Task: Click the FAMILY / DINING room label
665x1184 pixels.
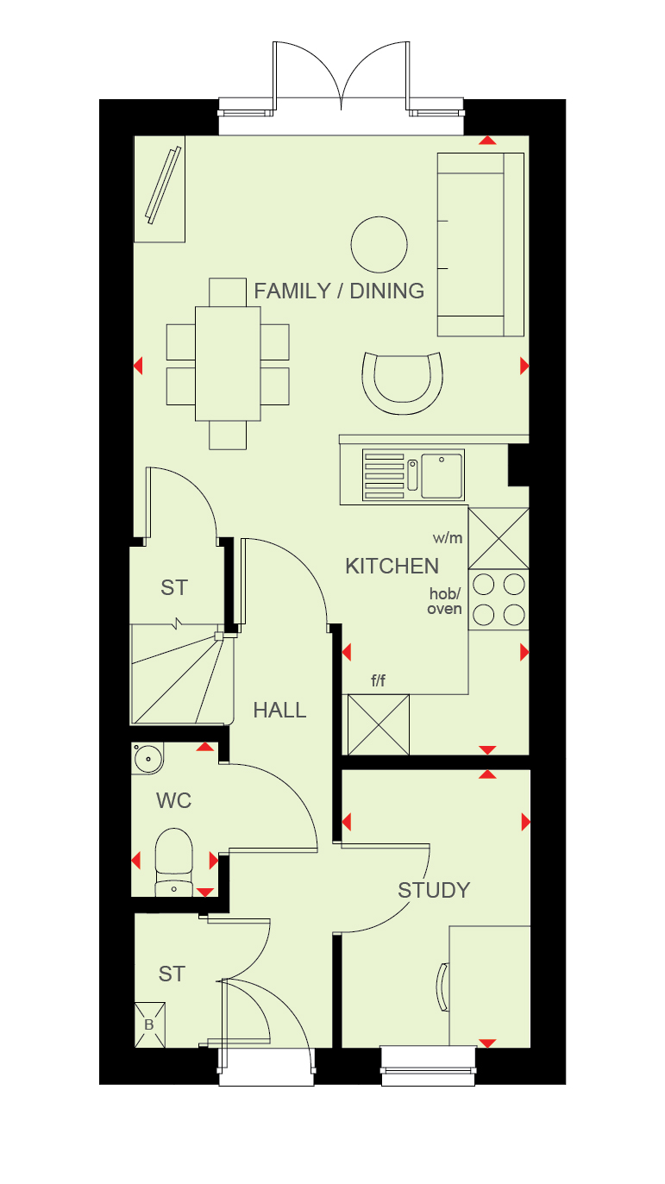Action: pyautogui.click(x=339, y=291)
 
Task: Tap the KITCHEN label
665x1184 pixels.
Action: pyautogui.click(x=392, y=567)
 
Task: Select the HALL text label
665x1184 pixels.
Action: pyautogui.click(x=279, y=711)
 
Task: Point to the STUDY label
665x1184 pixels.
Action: pyautogui.click(x=434, y=891)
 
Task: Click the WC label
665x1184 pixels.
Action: pyautogui.click(x=174, y=801)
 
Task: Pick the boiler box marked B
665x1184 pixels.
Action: pyautogui.click(x=149, y=1025)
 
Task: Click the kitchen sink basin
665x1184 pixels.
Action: pyautogui.click(x=442, y=475)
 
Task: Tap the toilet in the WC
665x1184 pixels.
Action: pyautogui.click(x=173, y=862)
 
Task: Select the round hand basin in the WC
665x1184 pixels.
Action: pyautogui.click(x=147, y=759)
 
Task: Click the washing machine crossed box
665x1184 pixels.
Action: pyautogui.click(x=499, y=538)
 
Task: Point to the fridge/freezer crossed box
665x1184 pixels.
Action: pyautogui.click(x=379, y=724)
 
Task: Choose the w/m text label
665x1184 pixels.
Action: pyautogui.click(x=448, y=538)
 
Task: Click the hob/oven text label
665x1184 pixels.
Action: pyautogui.click(x=444, y=602)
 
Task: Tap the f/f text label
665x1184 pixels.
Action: pyautogui.click(x=379, y=680)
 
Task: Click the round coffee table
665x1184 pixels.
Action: pyautogui.click(x=379, y=245)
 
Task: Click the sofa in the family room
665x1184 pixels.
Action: pyautogui.click(x=480, y=245)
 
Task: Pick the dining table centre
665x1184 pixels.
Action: pyautogui.click(x=228, y=364)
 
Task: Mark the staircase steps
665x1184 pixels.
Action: pyautogui.click(x=182, y=674)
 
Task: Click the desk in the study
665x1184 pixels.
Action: pyautogui.click(x=490, y=986)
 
